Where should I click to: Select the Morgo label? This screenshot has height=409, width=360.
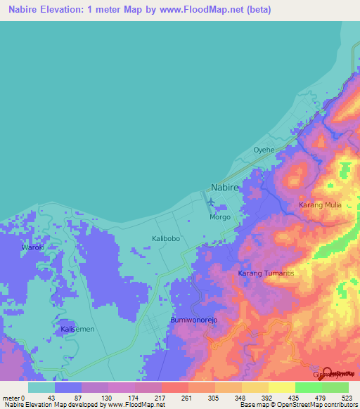[x=220, y=218]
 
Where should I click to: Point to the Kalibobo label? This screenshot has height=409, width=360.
[x=167, y=239]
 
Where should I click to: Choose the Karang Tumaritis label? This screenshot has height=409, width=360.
[x=265, y=273]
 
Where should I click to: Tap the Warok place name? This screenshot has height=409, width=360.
[x=32, y=248]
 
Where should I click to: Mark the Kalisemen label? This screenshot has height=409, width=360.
[x=77, y=329]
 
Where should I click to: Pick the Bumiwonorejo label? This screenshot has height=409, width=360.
[x=195, y=320]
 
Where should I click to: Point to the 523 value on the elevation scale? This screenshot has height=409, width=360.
[x=348, y=397]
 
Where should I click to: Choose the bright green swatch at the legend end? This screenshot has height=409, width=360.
[x=335, y=387]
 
